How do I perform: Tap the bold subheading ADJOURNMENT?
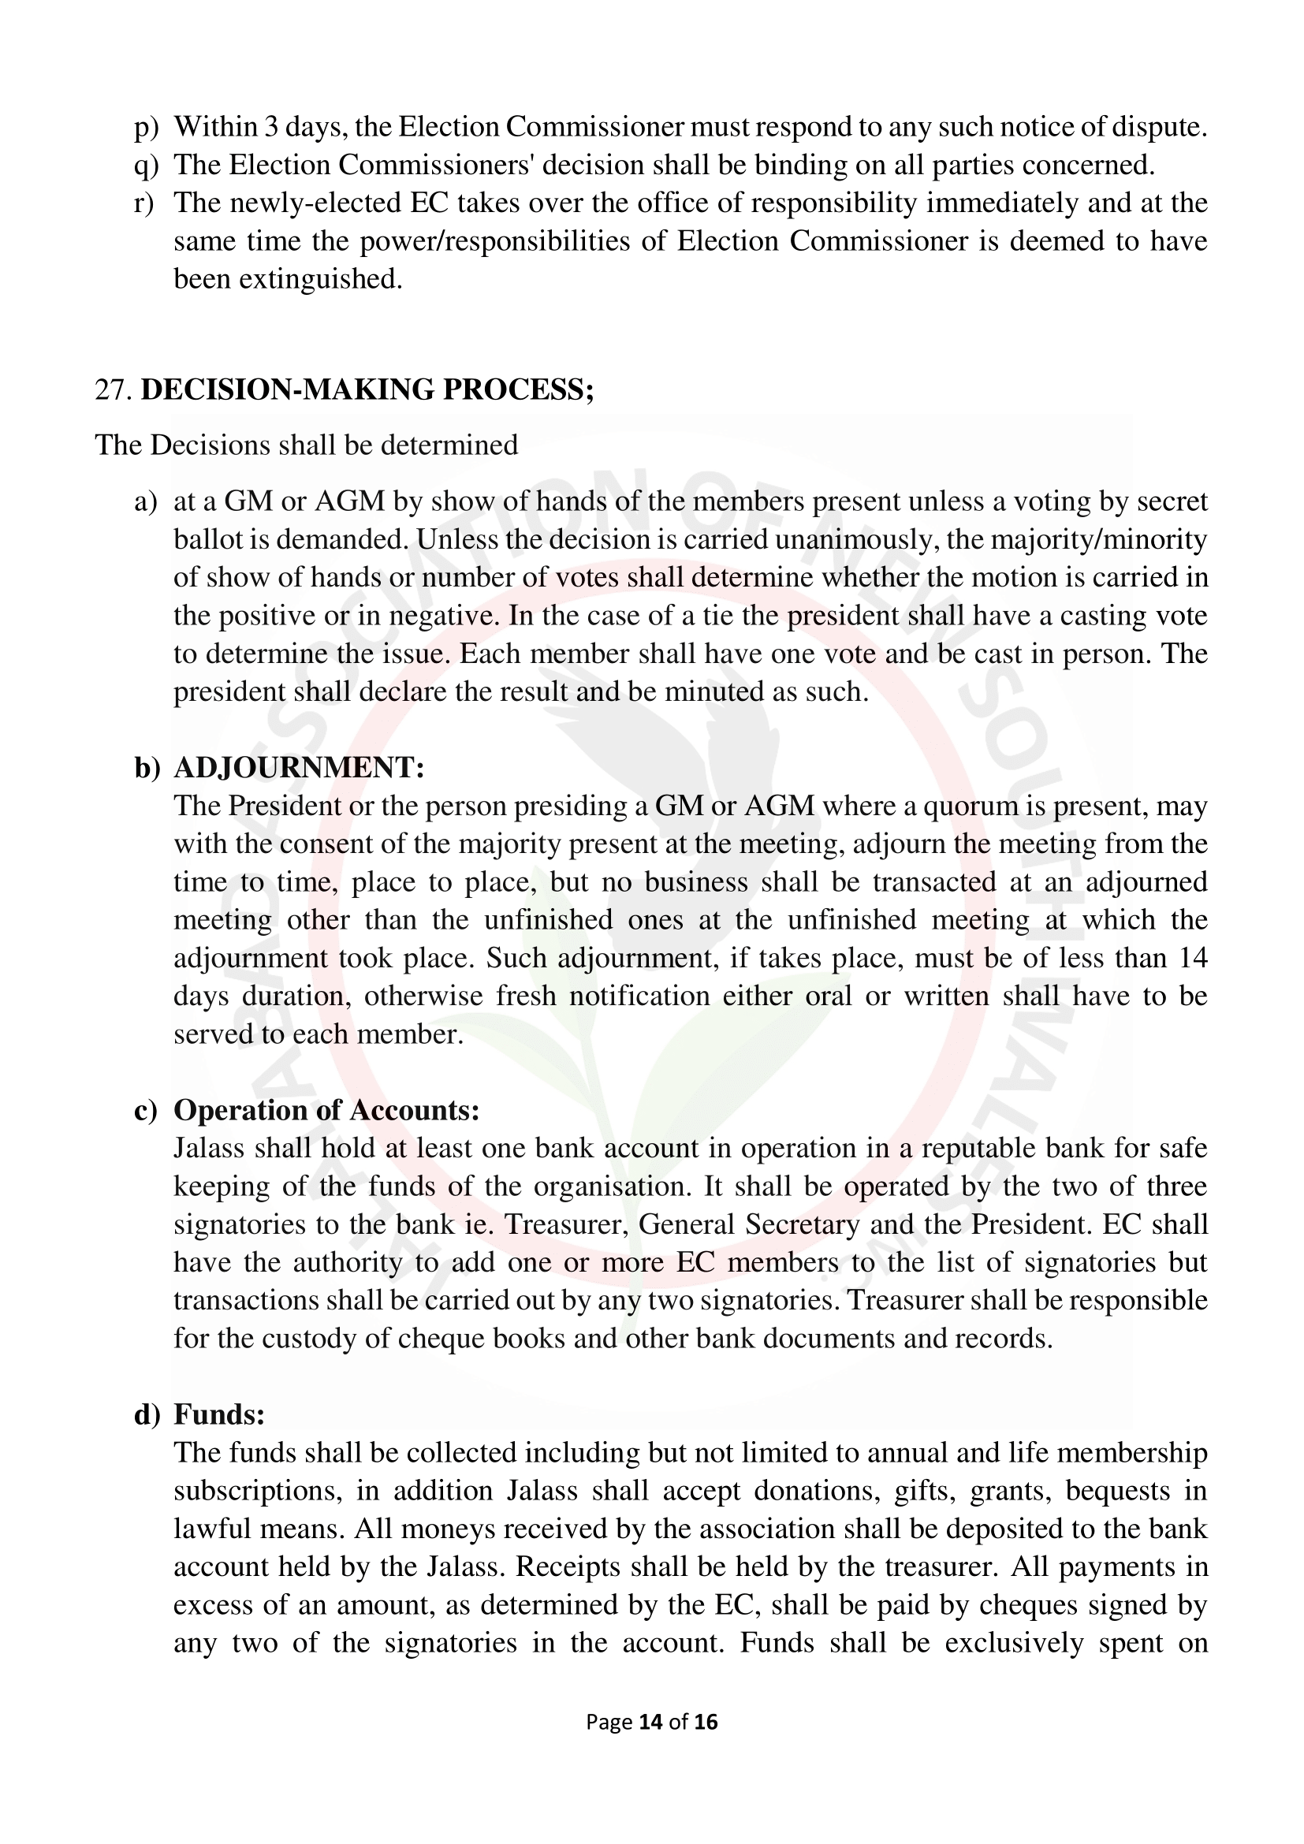(299, 768)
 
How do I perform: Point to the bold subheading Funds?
(219, 1414)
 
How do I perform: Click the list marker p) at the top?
(146, 127)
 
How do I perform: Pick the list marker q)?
(146, 166)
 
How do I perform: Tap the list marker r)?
(144, 203)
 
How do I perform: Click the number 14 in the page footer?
(650, 1721)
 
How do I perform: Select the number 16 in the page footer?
(706, 1721)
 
